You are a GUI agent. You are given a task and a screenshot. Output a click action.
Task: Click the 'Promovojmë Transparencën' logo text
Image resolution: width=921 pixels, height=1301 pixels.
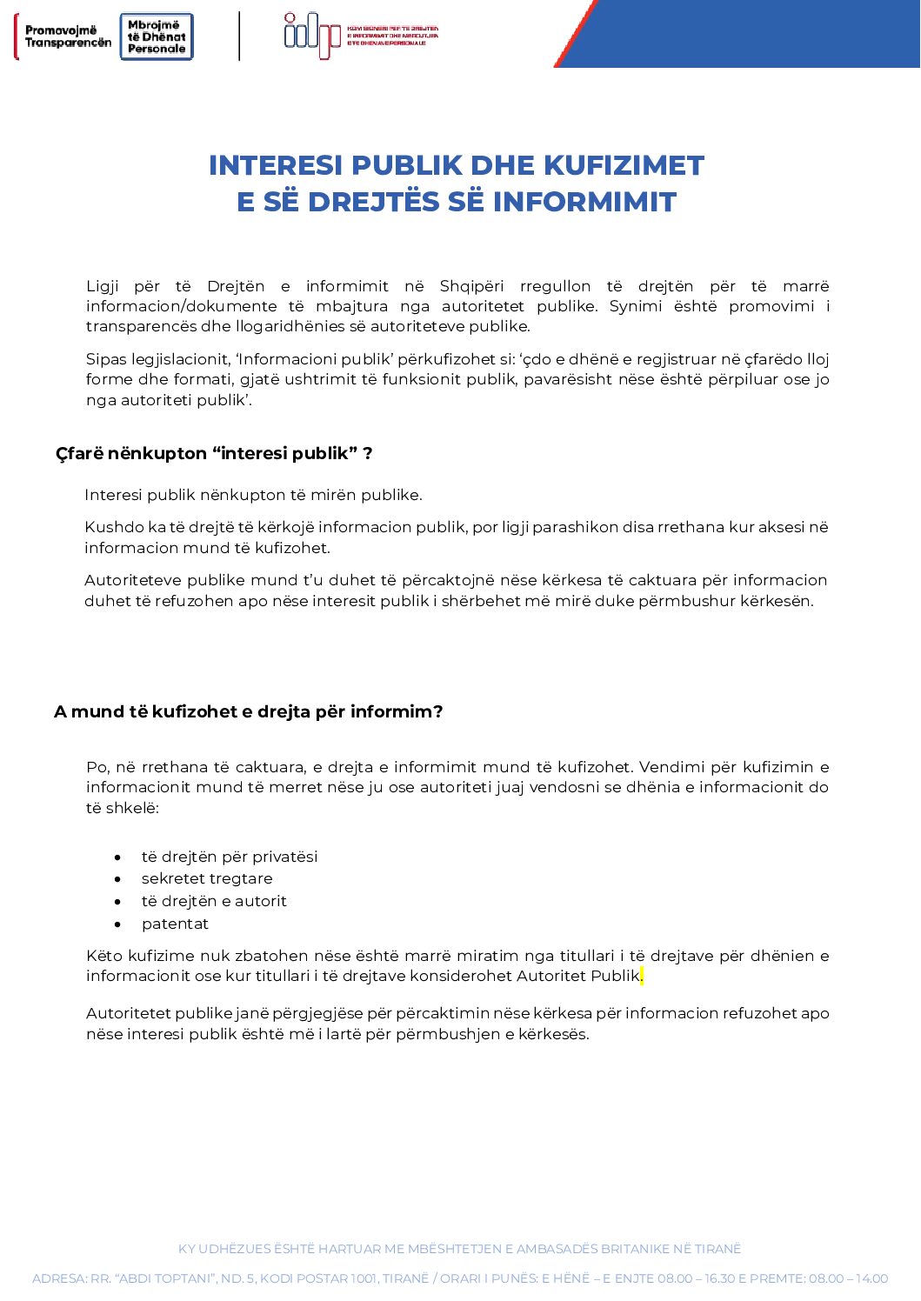(68, 37)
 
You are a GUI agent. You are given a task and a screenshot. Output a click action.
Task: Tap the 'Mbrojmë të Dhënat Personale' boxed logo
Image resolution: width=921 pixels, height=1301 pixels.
(157, 37)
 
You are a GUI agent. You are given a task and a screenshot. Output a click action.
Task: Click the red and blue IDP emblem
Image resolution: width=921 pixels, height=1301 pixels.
(312, 35)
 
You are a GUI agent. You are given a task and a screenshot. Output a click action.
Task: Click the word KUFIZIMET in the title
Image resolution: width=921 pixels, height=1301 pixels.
(624, 165)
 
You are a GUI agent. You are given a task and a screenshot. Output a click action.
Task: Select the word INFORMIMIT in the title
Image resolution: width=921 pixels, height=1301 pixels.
(584, 202)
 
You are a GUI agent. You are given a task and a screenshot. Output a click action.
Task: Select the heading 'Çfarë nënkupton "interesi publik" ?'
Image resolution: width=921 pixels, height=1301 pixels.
(214, 453)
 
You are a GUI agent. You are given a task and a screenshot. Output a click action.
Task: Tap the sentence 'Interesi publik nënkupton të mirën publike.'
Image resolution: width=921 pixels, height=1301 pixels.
(253, 495)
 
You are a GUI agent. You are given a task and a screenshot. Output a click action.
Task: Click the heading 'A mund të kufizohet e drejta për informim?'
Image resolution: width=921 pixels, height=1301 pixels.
(248, 711)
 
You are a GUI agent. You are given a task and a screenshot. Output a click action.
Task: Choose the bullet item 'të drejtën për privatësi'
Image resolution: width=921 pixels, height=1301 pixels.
(230, 857)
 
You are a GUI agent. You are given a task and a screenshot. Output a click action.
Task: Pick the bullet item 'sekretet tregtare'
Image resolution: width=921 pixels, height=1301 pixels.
(207, 878)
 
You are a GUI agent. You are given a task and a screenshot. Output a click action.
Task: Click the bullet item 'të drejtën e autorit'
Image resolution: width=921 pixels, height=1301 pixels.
(214, 901)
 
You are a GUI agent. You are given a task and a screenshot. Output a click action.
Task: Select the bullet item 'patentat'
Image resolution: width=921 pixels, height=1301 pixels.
(175, 924)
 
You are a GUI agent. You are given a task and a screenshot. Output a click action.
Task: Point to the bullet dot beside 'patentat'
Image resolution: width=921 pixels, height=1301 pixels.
(117, 924)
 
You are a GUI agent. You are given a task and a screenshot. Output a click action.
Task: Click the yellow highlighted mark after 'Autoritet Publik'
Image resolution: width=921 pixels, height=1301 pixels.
(642, 976)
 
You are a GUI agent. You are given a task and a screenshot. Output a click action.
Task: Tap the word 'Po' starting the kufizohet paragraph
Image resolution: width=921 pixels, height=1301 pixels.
(97, 767)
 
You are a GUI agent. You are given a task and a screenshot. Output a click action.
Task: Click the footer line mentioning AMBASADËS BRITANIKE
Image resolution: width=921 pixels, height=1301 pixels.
(459, 1249)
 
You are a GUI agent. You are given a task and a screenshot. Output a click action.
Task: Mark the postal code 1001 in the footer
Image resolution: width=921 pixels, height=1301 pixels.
(364, 1278)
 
